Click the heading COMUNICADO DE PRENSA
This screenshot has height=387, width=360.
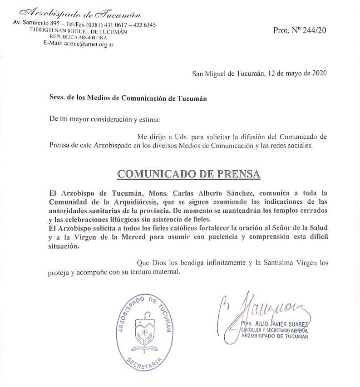[189, 174]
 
